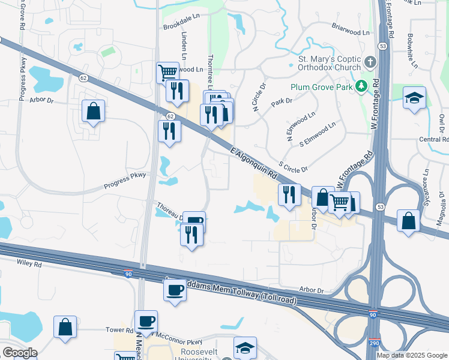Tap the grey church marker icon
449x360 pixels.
click(370, 62)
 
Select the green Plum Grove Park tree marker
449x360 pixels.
click(361, 86)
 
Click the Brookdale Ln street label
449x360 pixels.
click(181, 28)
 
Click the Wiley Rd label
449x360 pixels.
click(29, 263)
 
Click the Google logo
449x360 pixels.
click(19, 352)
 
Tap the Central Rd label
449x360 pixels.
click(433, 140)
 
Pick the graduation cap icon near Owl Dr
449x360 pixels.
click(415, 98)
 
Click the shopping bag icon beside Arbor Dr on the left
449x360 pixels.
click(94, 110)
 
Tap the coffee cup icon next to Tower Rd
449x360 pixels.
click(146, 320)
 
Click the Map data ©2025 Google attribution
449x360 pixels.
click(412, 355)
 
